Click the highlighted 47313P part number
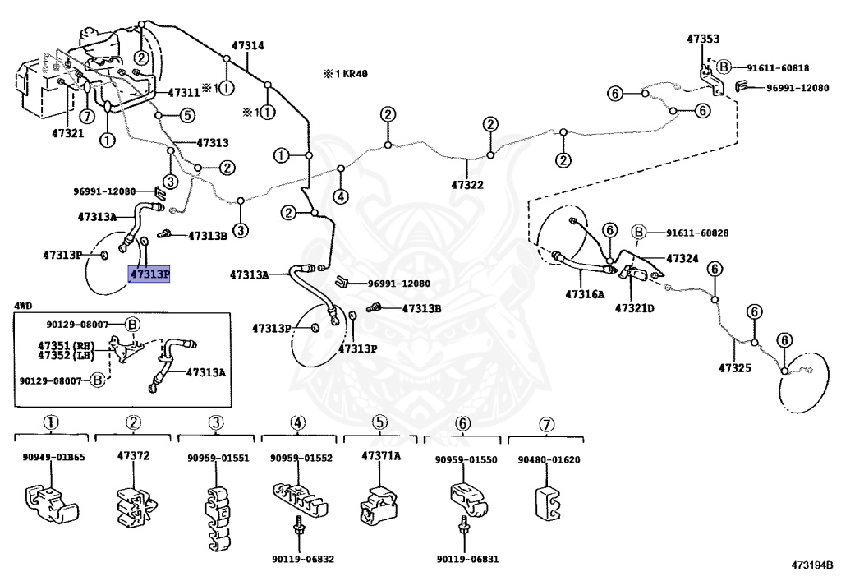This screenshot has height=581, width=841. (149, 274)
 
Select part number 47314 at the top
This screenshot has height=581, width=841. (248, 45)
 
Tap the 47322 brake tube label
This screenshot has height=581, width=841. (467, 185)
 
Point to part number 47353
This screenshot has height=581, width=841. (703, 39)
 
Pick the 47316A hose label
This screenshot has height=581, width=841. (585, 294)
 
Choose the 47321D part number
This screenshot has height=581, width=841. (635, 308)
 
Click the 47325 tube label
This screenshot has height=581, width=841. (735, 368)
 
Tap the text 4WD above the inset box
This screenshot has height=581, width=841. (23, 306)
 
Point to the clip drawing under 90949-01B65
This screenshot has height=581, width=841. (52, 503)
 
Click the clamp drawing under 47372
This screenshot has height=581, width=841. (136, 506)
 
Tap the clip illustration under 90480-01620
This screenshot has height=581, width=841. (548, 503)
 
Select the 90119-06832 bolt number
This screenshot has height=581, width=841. (303, 559)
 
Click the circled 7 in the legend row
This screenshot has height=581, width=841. (546, 425)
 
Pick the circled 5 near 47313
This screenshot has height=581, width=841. (187, 115)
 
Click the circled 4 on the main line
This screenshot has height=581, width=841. (341, 196)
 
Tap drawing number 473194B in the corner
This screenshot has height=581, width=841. (812, 565)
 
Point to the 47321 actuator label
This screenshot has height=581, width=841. (68, 133)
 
